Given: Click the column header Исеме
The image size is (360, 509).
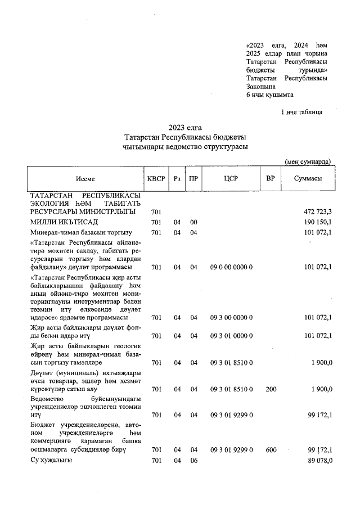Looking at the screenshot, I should [86, 178].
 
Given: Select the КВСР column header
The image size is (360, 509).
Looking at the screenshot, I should [156, 178].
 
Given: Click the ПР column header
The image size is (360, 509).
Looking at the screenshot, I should [193, 178].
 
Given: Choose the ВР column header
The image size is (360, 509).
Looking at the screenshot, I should [271, 178].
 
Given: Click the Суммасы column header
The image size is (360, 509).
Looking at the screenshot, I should [308, 178].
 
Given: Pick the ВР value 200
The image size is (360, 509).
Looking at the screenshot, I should [271, 389].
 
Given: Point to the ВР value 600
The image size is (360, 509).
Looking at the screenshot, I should [271, 451].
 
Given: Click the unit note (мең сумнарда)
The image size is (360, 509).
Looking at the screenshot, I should [308, 161].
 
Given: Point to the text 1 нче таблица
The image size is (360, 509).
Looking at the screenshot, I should [301, 112].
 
